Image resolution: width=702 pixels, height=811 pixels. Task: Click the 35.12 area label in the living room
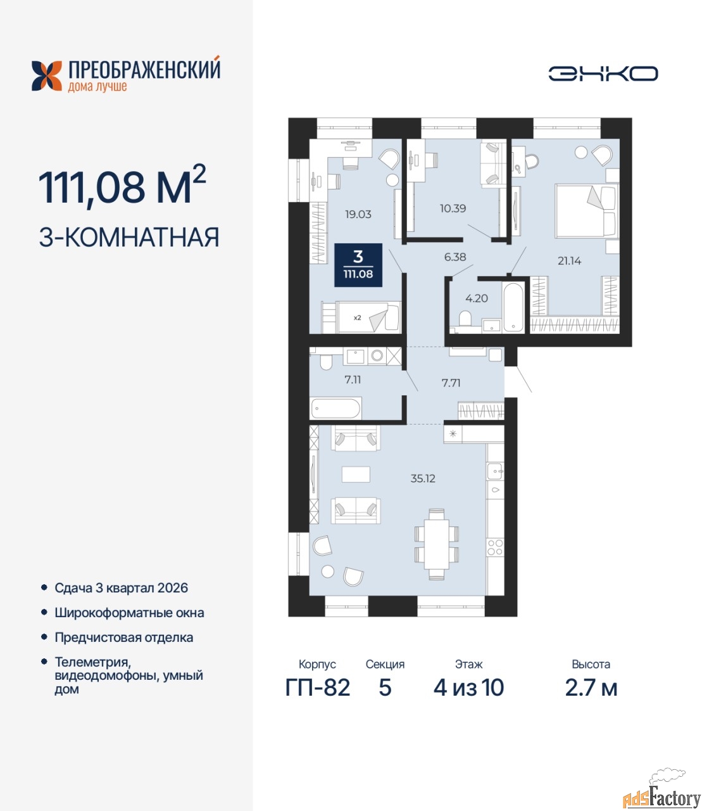pos(423,478)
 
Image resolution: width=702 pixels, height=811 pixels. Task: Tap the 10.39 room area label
pos(453,208)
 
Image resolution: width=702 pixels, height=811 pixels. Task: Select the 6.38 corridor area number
pos(455,257)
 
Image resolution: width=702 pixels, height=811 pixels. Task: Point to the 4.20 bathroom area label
pos(477,298)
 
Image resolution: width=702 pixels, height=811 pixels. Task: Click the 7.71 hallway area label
pos(451,383)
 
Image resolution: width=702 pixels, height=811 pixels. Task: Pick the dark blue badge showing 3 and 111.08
pos(358,265)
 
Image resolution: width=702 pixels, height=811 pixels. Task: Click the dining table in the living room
pos(436,544)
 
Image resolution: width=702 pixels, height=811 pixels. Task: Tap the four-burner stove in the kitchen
pos(495,547)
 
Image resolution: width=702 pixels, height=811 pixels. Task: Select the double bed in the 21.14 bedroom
pos(587,212)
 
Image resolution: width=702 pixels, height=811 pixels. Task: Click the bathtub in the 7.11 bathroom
pos(336,409)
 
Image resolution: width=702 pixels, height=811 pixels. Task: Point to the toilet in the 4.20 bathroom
pos(465,318)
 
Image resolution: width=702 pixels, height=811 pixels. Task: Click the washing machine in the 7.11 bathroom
pos(377,355)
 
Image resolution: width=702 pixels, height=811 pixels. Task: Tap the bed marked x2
pos(361,317)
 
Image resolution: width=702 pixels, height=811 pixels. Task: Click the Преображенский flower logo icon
pos(47,76)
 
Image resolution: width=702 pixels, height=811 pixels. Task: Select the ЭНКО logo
pos(603,73)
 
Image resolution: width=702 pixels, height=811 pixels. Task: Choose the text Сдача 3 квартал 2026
pos(121,588)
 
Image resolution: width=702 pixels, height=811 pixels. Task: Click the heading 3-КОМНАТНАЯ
pos(129,237)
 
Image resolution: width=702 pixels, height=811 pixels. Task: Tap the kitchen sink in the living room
pos(496,471)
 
